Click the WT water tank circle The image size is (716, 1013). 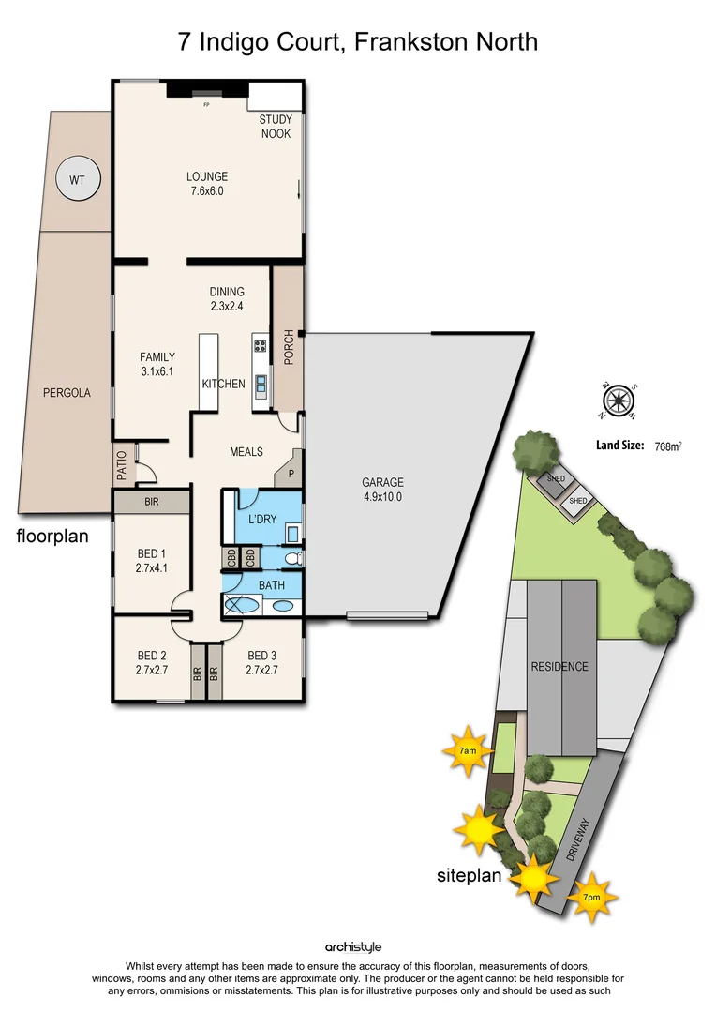(x=78, y=178)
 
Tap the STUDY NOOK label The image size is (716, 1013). (x=276, y=127)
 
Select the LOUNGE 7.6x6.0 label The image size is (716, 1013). (x=207, y=184)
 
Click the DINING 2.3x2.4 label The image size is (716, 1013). (x=227, y=298)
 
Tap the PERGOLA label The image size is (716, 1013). (x=67, y=394)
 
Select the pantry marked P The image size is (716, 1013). (x=291, y=474)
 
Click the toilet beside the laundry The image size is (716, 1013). (x=292, y=558)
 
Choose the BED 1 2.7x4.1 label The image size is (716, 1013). (x=152, y=561)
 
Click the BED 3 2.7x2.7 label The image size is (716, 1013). (x=262, y=662)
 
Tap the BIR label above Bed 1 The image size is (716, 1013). (x=152, y=503)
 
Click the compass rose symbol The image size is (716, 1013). (x=618, y=401)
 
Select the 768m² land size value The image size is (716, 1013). (x=667, y=446)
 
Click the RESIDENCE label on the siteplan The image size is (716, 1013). (x=559, y=667)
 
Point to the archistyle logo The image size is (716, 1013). (x=353, y=947)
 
